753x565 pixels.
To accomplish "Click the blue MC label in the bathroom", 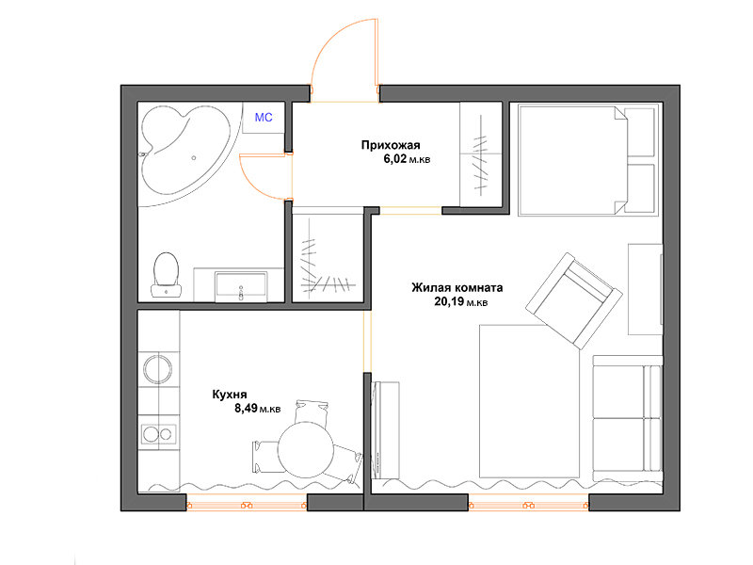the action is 264,117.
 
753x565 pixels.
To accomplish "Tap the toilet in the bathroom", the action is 167,274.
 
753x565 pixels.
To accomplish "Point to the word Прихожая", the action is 391,145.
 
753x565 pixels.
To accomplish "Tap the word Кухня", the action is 230,395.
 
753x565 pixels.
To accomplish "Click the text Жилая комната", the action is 457,288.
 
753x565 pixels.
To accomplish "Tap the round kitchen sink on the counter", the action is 158,369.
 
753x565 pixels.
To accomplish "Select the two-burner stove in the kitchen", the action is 158,434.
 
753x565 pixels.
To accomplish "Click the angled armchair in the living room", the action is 574,300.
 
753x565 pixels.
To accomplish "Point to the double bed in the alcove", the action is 586,160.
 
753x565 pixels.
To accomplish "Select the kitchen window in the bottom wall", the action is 247,505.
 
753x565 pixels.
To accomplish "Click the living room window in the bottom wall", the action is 529,505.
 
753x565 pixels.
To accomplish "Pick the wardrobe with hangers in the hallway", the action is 481,154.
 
